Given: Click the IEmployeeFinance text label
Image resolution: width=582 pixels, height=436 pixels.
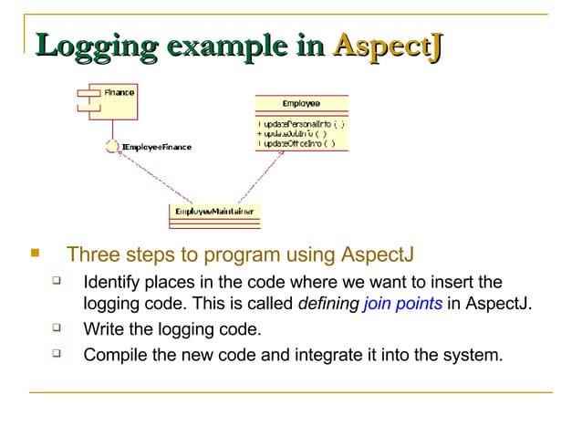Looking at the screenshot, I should coord(156,147).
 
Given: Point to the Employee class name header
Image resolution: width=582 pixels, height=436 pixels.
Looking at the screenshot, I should coord(300,103).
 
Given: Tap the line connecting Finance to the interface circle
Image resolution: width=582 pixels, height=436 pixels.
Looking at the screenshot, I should coord(110,128).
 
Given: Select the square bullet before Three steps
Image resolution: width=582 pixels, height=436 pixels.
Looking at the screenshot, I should coord(36,253).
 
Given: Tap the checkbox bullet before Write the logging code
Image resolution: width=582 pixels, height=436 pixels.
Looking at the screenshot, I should coord(57,327).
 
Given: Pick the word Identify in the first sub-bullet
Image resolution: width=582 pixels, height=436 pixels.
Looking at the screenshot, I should coord(111,282).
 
